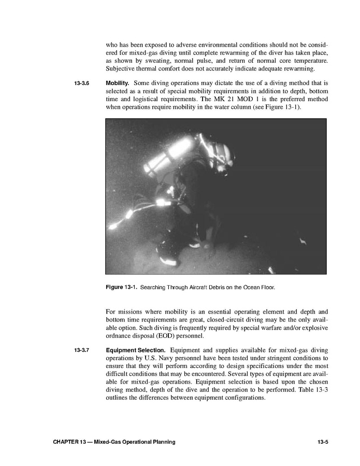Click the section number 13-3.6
[82, 83]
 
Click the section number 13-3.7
[82, 351]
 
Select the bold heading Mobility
[118, 83]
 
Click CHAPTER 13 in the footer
[69, 442]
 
